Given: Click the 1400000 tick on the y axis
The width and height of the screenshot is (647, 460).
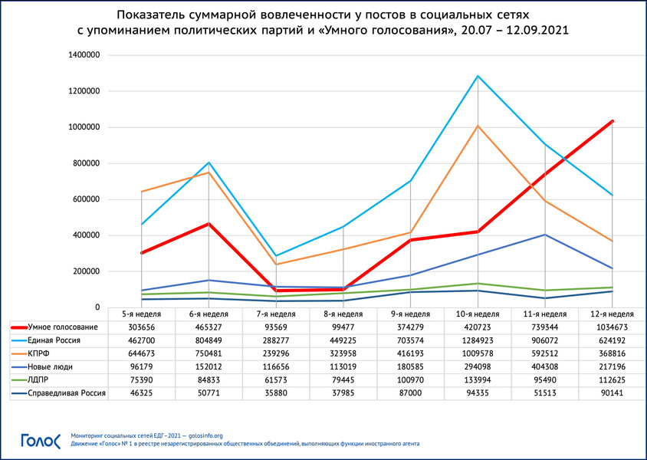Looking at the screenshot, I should point(84,55).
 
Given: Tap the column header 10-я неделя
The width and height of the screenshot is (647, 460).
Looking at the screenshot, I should point(478,314).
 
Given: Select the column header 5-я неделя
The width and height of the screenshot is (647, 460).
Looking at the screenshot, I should point(141,314).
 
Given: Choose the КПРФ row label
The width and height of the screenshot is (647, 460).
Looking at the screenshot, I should point(38,353).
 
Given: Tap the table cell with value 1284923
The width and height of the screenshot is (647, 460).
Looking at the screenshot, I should point(478,340).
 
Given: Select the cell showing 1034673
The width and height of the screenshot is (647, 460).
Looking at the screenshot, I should point(613,327).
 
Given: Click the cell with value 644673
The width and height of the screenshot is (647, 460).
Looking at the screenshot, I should point(141,353).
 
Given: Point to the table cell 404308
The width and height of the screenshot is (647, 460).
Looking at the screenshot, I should point(545,366).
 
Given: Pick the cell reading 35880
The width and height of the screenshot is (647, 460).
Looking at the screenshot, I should point(276,393).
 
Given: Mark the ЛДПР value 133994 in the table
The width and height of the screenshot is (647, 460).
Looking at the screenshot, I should point(478,380).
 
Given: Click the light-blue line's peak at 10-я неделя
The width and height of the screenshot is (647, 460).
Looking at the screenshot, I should point(478,76).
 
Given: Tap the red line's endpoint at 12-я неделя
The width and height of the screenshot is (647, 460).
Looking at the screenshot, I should point(613,121).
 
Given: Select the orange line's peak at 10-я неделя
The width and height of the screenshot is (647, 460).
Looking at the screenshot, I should point(478,125).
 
